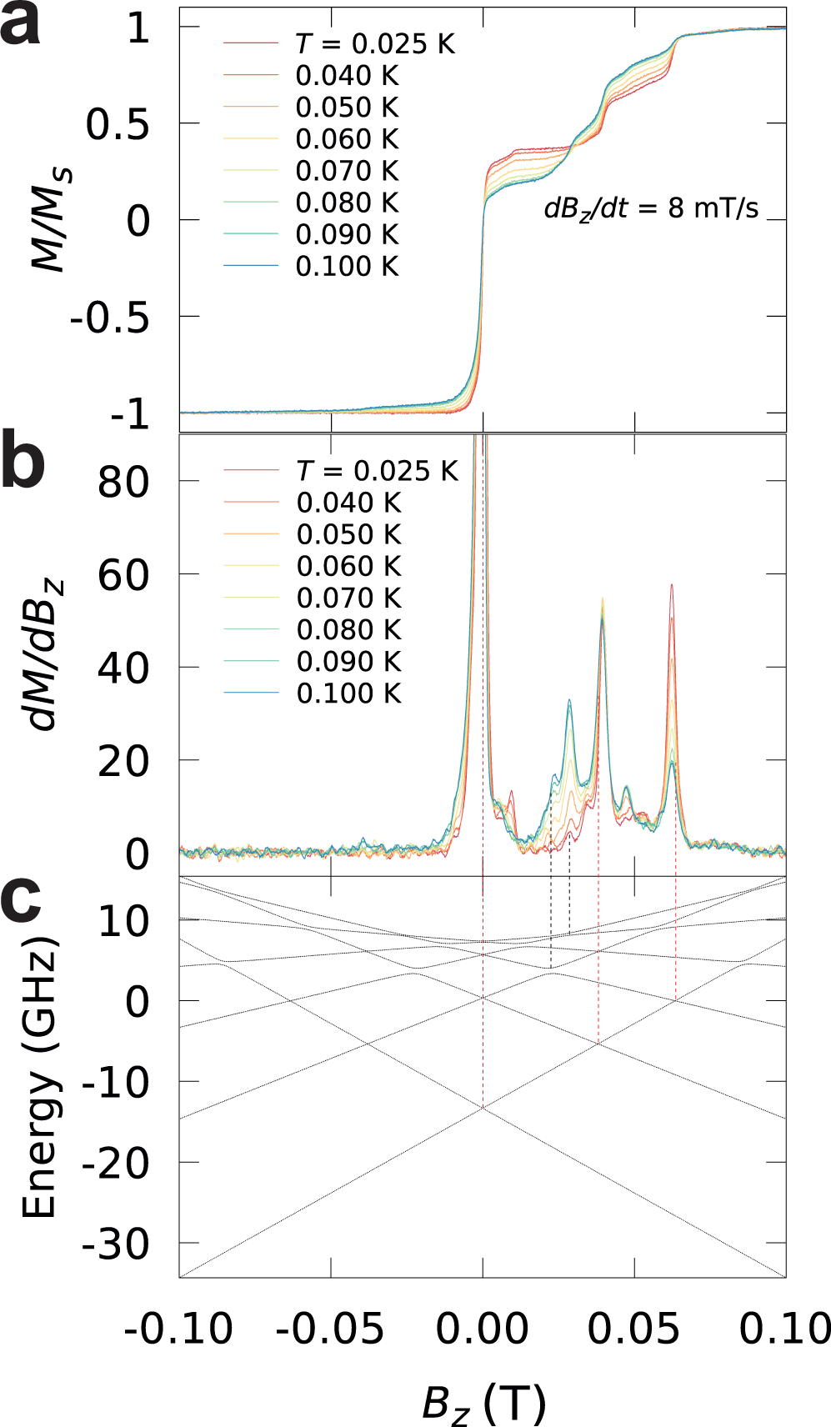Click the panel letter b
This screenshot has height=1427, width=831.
pyautogui.click(x=23, y=463)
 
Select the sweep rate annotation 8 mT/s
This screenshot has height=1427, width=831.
pyautogui.click(x=651, y=208)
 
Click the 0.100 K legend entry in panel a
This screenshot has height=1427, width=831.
pyautogui.click(x=347, y=267)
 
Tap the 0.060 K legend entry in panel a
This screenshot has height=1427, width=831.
pyautogui.click(x=347, y=139)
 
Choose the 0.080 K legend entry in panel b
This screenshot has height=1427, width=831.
pyautogui.click(x=348, y=630)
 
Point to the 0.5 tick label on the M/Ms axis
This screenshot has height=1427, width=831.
pyautogui.click(x=118, y=125)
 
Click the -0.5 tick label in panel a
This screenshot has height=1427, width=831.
pyautogui.click(x=109, y=318)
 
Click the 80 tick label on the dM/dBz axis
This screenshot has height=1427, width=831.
pyautogui.click(x=123, y=483)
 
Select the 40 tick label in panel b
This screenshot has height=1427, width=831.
pyautogui.click(x=123, y=668)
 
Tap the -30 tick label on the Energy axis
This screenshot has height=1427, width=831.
pyautogui.click(x=115, y=1245)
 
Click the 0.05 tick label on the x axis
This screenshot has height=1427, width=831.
pyautogui.click(x=633, y=1329)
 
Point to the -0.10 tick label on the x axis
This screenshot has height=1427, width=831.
pyautogui.click(x=178, y=1329)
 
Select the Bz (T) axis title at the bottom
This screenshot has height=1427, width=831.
pyautogui.click(x=483, y=1403)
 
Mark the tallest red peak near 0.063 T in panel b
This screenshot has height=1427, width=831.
pyautogui.click(x=671, y=586)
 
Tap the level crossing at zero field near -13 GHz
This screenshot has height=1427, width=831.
pyautogui.click(x=483, y=1108)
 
